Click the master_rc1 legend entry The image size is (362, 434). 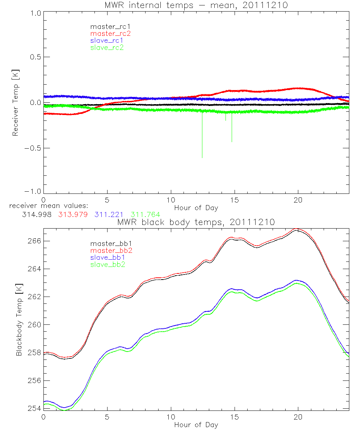[107, 26]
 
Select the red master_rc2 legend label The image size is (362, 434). [110, 33]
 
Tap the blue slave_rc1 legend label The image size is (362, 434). [107, 41]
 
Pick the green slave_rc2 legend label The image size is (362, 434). [107, 47]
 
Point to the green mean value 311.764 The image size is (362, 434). [145, 215]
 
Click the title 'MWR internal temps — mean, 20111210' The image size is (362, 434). [196, 5]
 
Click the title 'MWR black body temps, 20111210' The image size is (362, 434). [196, 222]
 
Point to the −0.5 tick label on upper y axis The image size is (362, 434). [33, 148]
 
